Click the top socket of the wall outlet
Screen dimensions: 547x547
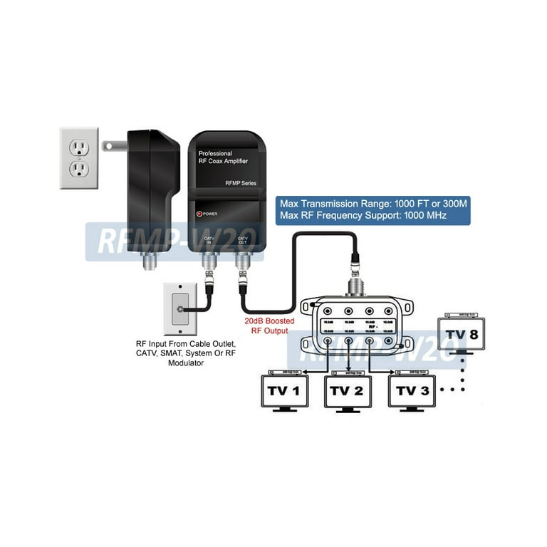[x=78, y=147]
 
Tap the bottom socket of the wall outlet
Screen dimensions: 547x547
[x=78, y=169]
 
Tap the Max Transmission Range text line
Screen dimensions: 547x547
[x=373, y=202]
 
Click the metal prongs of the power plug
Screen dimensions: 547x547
[x=111, y=145]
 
